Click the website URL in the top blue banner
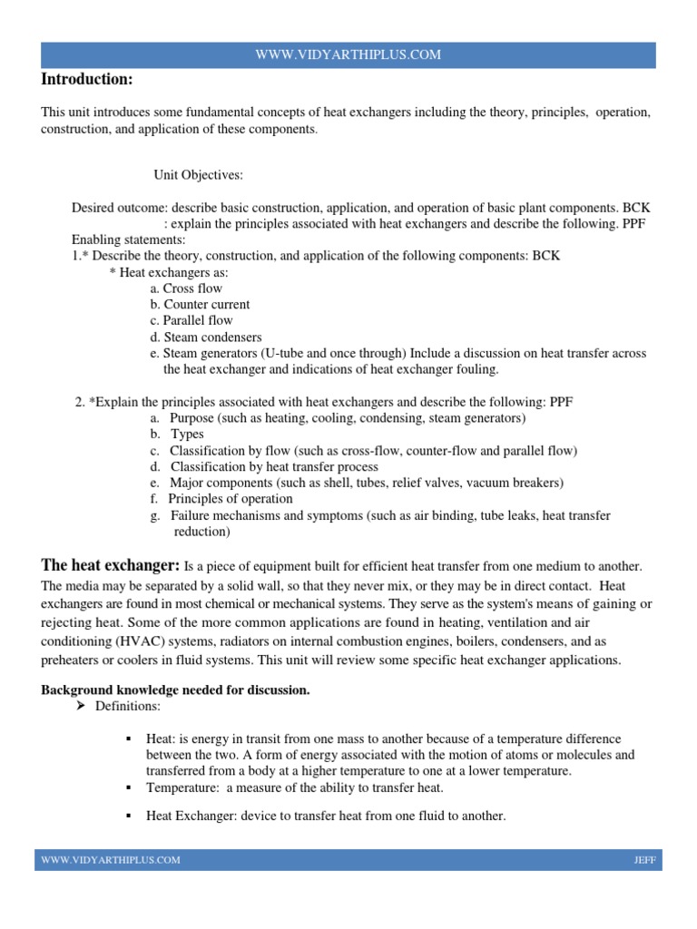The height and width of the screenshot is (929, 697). (348, 54)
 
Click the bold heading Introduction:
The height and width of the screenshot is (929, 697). (87, 80)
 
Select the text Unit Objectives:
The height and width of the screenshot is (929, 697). (198, 174)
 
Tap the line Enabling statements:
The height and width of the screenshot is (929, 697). (128, 240)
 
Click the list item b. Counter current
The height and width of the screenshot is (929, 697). (200, 305)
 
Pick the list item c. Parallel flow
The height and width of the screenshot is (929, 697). (191, 320)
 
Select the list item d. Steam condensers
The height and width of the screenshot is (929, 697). (206, 337)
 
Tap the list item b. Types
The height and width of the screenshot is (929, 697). (177, 435)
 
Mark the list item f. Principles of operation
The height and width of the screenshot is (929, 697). (221, 499)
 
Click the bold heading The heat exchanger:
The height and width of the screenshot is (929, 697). (110, 565)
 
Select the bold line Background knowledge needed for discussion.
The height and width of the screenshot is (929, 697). (175, 690)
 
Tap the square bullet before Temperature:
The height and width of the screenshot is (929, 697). (129, 787)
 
